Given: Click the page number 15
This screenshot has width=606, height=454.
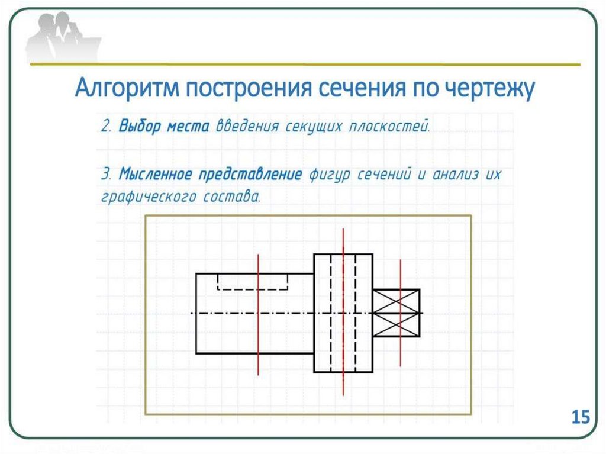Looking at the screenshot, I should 581,417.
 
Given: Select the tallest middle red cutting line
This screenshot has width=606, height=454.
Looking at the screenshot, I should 343,379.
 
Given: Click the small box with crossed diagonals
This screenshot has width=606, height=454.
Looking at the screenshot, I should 397,313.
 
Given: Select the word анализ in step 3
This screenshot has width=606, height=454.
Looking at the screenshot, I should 456,175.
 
